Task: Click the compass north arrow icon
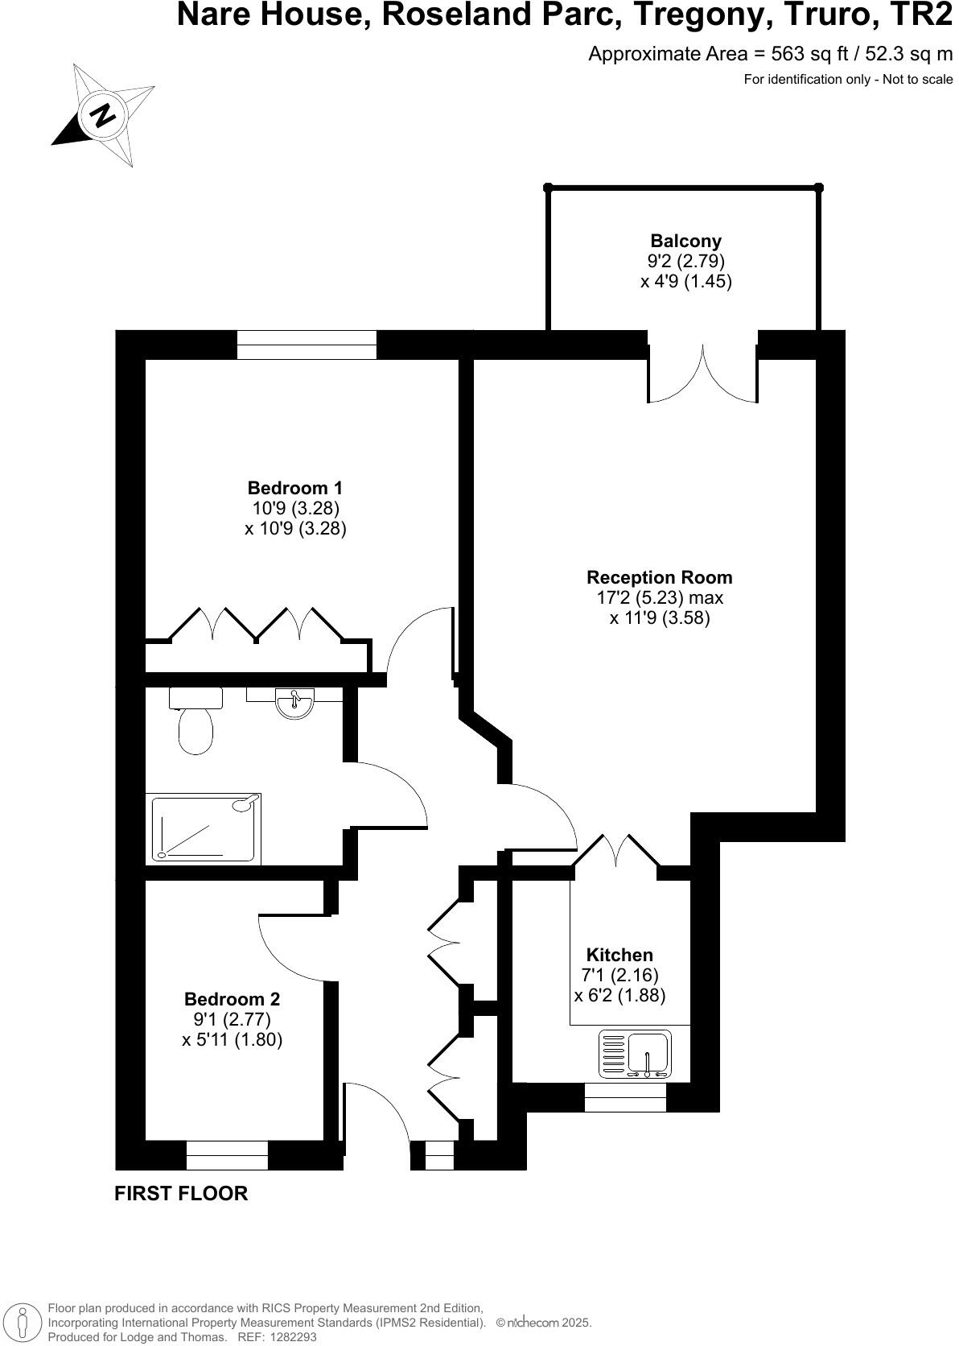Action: (x=102, y=114)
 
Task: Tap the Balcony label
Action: (x=685, y=241)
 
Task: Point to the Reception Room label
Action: (x=659, y=577)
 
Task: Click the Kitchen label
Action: (x=619, y=955)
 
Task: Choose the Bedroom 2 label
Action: (x=232, y=999)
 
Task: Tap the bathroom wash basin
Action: (x=294, y=703)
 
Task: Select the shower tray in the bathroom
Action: (x=206, y=827)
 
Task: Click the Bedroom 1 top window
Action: (x=307, y=345)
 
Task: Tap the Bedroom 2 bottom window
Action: (x=227, y=1155)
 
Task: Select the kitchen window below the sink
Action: (x=624, y=1097)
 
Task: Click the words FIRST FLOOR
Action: (x=181, y=1194)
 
